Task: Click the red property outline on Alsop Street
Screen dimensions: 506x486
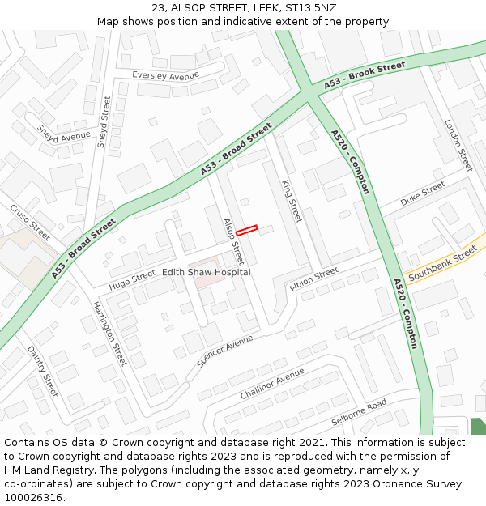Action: coord(246,231)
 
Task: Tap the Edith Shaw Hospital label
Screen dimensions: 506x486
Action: coord(207,273)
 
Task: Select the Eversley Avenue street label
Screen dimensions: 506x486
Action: coord(166,75)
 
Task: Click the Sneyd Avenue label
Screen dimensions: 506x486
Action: coord(64,136)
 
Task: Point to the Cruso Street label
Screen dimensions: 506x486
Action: coord(30,222)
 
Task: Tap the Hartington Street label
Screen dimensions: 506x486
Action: coord(109,333)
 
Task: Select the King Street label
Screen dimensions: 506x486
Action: coord(291,201)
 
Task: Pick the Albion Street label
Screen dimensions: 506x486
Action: coord(313,278)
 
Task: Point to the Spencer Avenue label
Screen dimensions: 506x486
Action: coord(224,351)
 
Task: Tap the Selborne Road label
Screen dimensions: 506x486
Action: coord(359,413)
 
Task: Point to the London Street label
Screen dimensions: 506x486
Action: coord(458,145)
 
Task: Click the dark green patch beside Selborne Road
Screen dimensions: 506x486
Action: coord(478,426)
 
